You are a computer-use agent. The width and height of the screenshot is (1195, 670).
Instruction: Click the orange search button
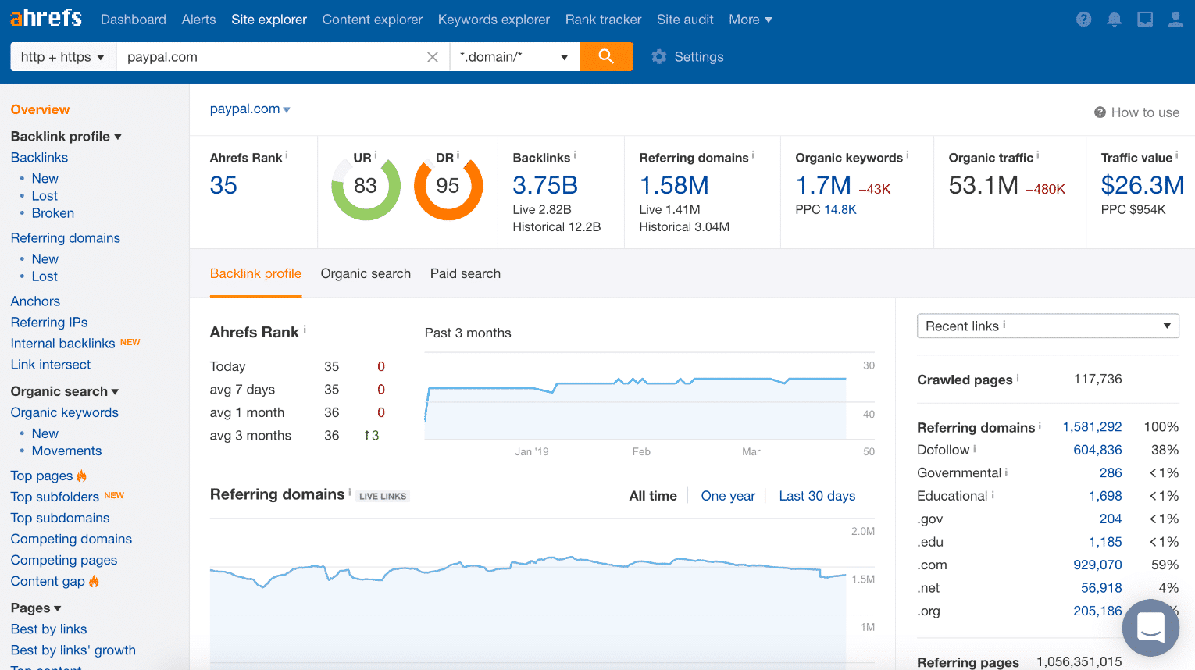(x=606, y=56)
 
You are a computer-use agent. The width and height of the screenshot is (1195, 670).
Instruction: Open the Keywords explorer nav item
(x=494, y=20)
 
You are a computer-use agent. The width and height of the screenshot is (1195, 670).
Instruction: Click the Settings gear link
(x=687, y=57)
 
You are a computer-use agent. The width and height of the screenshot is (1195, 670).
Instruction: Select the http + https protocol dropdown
(x=63, y=57)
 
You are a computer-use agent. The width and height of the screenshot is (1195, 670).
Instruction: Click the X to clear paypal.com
(x=433, y=57)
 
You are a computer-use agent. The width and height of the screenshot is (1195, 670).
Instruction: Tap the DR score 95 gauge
(x=448, y=187)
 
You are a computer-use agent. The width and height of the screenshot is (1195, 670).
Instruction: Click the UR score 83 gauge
(x=366, y=187)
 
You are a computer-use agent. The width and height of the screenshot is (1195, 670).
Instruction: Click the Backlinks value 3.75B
(x=545, y=185)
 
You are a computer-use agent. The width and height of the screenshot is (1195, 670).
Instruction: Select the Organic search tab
(x=366, y=273)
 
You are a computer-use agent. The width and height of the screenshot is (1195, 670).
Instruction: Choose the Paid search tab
(x=466, y=273)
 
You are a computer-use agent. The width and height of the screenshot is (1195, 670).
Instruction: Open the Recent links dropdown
(x=1047, y=326)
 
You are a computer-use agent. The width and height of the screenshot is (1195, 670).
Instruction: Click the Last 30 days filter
(x=817, y=496)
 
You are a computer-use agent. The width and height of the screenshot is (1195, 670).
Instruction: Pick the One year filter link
(x=728, y=496)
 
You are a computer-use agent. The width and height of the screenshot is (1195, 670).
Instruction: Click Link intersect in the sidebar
(x=51, y=365)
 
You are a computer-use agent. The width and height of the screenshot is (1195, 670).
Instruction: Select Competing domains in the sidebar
(x=71, y=539)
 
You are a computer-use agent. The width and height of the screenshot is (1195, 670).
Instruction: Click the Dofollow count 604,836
(x=1097, y=450)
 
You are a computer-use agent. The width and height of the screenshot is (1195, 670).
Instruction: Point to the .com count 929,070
(x=1097, y=565)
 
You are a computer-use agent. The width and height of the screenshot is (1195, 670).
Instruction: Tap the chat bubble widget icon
(x=1150, y=627)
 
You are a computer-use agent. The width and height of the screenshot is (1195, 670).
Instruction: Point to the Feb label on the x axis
(x=641, y=451)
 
